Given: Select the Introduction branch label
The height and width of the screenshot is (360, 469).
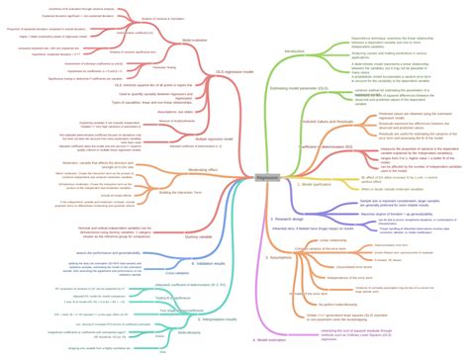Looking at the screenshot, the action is [294, 51].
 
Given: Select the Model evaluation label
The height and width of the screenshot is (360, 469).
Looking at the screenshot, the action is [194, 42].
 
